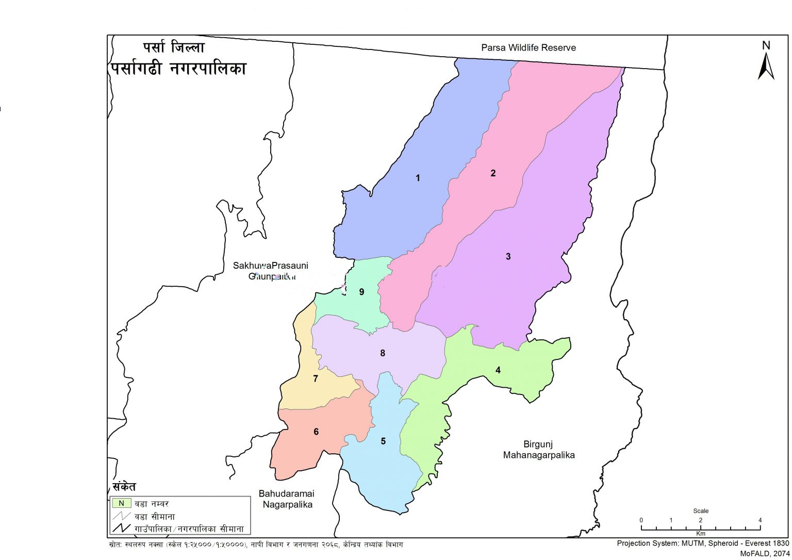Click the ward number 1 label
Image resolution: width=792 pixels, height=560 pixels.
click(418, 178)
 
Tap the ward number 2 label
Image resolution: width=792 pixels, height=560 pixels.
click(493, 173)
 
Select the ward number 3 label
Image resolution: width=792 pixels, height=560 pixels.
click(508, 256)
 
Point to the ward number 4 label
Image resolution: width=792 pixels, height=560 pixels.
click(498, 370)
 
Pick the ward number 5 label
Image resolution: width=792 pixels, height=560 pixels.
click(383, 441)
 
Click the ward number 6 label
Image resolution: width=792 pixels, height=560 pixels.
click(316, 432)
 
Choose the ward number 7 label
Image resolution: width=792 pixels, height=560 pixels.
click(316, 379)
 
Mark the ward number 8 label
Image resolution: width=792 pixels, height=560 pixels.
click(383, 353)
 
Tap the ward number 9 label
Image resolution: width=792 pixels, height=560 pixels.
click(361, 292)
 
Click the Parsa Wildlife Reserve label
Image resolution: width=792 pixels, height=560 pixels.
click(529, 48)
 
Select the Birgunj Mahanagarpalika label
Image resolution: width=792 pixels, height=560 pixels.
click(538, 450)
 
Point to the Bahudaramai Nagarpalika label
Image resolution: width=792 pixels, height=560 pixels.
click(287, 499)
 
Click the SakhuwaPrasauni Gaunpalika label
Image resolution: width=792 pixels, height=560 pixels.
click(271, 271)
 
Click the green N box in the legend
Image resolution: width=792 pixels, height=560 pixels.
click(121, 503)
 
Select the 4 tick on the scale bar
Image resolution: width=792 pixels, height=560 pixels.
click(760, 521)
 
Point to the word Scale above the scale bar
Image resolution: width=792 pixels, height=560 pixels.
click(701, 511)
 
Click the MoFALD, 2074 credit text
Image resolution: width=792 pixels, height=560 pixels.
click(765, 553)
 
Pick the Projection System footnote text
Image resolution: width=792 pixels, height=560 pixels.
click(703, 543)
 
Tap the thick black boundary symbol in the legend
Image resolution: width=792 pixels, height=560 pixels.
click(121, 529)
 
